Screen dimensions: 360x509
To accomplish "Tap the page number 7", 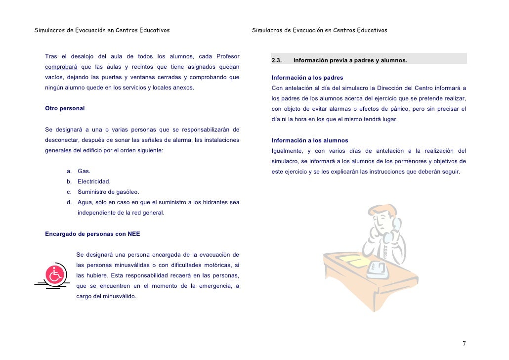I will click(464, 344).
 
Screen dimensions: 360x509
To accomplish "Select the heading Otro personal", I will click(65, 108).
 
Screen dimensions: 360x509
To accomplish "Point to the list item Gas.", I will click(84, 171).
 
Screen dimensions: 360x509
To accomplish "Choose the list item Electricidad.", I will click(94, 181).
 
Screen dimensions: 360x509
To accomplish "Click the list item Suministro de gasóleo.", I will click(108, 192).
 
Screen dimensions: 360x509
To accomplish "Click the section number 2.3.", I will click(276, 61).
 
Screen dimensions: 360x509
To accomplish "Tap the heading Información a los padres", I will click(307, 78).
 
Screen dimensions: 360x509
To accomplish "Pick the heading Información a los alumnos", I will click(310, 140).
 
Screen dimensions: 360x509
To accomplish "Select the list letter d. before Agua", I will click(70, 202).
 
